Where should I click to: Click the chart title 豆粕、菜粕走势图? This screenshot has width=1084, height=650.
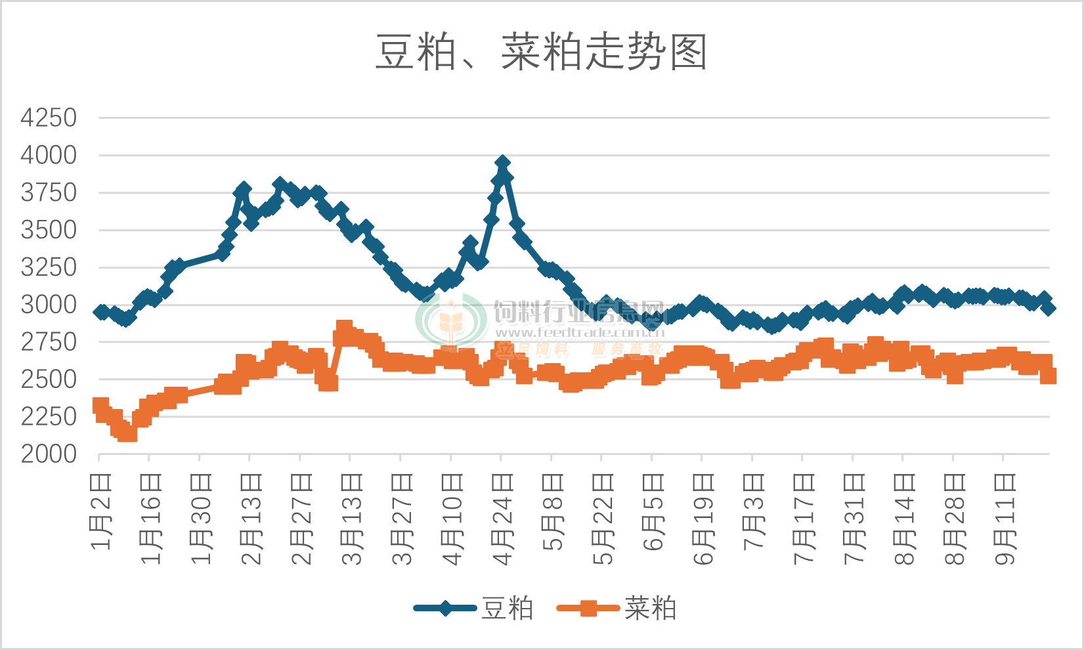click(x=541, y=53)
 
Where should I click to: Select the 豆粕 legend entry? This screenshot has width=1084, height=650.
click(x=506, y=609)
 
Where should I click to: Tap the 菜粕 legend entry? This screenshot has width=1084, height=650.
click(x=649, y=609)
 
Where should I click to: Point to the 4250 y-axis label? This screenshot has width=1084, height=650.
click(x=49, y=118)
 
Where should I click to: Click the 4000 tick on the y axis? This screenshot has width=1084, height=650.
click(x=49, y=156)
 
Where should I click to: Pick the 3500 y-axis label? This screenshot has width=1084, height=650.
click(x=49, y=230)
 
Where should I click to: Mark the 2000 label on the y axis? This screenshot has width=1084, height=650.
click(x=49, y=454)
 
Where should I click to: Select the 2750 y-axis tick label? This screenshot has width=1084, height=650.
click(x=49, y=342)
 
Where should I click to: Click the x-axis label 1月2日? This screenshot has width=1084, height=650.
click(x=101, y=512)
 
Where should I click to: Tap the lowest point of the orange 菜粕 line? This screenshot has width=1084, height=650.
click(x=128, y=433)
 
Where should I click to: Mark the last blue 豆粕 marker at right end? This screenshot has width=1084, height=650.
click(x=1049, y=307)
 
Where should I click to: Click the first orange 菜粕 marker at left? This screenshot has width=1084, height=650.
click(x=100, y=405)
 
